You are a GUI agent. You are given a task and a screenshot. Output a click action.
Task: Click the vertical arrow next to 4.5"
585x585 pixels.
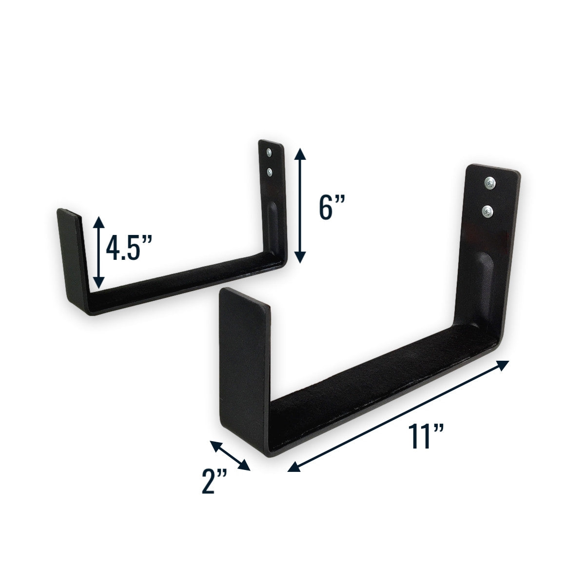pyautogui.click(x=98, y=252)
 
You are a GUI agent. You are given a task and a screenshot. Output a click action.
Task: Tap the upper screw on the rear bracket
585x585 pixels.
pyautogui.click(x=269, y=153)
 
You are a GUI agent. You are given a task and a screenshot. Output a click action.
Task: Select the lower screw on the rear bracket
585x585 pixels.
pyautogui.click(x=269, y=171)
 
